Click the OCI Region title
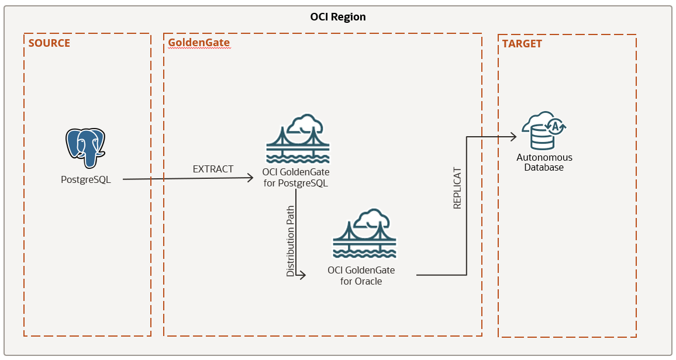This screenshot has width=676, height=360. (338, 17)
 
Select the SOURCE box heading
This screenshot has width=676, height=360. (49, 43)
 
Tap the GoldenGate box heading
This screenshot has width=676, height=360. (199, 43)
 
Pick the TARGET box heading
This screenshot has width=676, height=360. (522, 44)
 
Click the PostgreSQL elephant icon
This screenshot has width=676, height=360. (86, 149)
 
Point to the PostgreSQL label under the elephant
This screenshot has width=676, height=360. (86, 179)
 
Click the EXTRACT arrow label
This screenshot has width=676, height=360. (213, 169)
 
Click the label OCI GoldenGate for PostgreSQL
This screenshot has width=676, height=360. (295, 178)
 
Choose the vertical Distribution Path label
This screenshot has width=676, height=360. (291, 240)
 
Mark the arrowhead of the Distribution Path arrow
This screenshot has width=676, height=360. (302, 275)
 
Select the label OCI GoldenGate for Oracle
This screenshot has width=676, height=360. (361, 275)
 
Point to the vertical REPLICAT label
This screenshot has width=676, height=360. (457, 189)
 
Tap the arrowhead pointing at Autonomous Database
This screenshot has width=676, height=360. (513, 137)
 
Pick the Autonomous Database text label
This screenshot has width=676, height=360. (544, 162)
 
